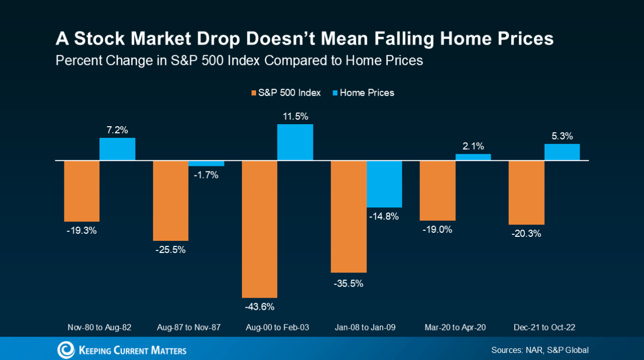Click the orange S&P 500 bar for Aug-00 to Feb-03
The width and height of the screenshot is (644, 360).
tap(260, 229)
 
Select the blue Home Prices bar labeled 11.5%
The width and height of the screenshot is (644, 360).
tap(295, 142)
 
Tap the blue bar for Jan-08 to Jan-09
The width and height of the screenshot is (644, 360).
tap(384, 184)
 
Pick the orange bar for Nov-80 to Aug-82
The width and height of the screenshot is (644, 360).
tap(82, 191)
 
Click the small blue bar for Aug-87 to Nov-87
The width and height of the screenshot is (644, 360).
tap(206, 163)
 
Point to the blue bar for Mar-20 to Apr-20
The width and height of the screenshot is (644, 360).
tap(473, 157)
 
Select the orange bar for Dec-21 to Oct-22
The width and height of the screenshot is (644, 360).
tap(526, 193)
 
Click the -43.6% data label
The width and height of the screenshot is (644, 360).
tap(259, 307)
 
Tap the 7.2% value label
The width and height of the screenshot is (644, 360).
tap(117, 129)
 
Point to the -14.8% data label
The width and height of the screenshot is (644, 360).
tap(384, 217)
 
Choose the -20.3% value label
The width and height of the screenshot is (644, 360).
tap(526, 234)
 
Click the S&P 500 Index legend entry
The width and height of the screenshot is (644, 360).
tap(286, 93)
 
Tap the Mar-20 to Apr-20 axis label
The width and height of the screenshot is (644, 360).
tap(455, 328)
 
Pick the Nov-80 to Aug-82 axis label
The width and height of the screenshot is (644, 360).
tap(99, 328)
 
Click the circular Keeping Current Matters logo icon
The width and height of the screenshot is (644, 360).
tap(65, 349)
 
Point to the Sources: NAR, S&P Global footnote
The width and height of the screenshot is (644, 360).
tap(540, 350)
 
